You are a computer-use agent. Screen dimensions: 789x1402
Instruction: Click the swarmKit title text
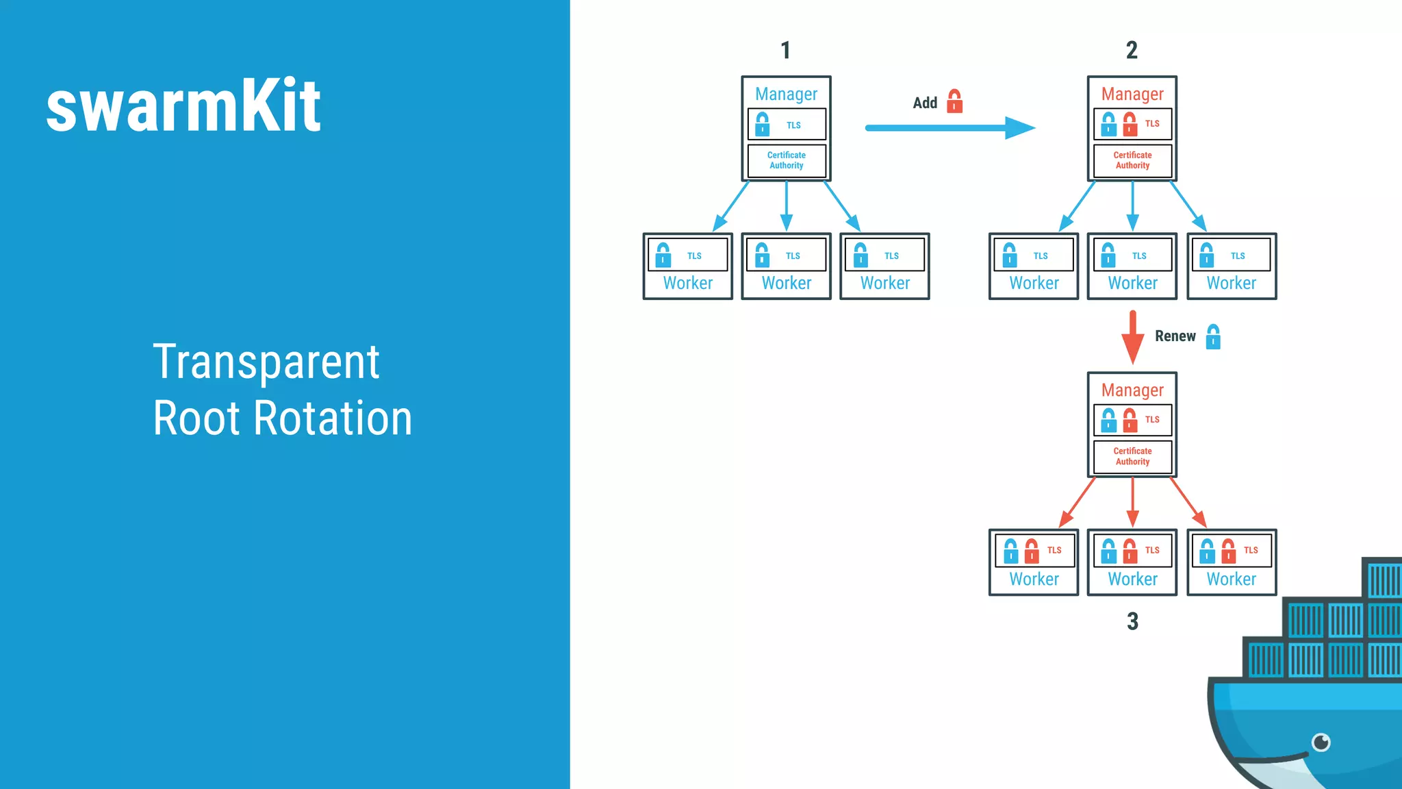183,107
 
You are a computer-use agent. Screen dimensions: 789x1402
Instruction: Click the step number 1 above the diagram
785,50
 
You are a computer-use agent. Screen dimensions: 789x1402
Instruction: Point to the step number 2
1132,50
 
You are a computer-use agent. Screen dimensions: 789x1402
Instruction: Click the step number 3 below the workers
1132,621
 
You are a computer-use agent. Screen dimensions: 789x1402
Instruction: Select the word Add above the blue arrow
925,103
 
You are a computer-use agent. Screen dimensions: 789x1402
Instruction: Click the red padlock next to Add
954,101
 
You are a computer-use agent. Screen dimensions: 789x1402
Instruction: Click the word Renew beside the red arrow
1175,336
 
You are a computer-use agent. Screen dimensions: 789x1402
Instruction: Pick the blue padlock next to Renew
1213,337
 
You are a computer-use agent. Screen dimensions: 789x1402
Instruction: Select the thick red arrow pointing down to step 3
1132,337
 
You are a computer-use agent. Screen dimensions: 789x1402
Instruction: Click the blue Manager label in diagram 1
786,94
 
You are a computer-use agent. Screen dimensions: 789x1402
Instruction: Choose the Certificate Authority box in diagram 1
787,160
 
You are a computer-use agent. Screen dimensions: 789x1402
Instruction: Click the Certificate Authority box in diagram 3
1132,456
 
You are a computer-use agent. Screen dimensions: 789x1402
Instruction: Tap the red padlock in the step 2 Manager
1130,124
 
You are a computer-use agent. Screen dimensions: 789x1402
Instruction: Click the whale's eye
1321,742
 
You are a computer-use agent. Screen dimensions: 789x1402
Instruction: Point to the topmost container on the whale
1383,579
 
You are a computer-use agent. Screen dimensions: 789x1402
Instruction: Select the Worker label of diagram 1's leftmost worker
687,283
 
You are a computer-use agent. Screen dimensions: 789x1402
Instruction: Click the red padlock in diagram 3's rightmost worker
1228,551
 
